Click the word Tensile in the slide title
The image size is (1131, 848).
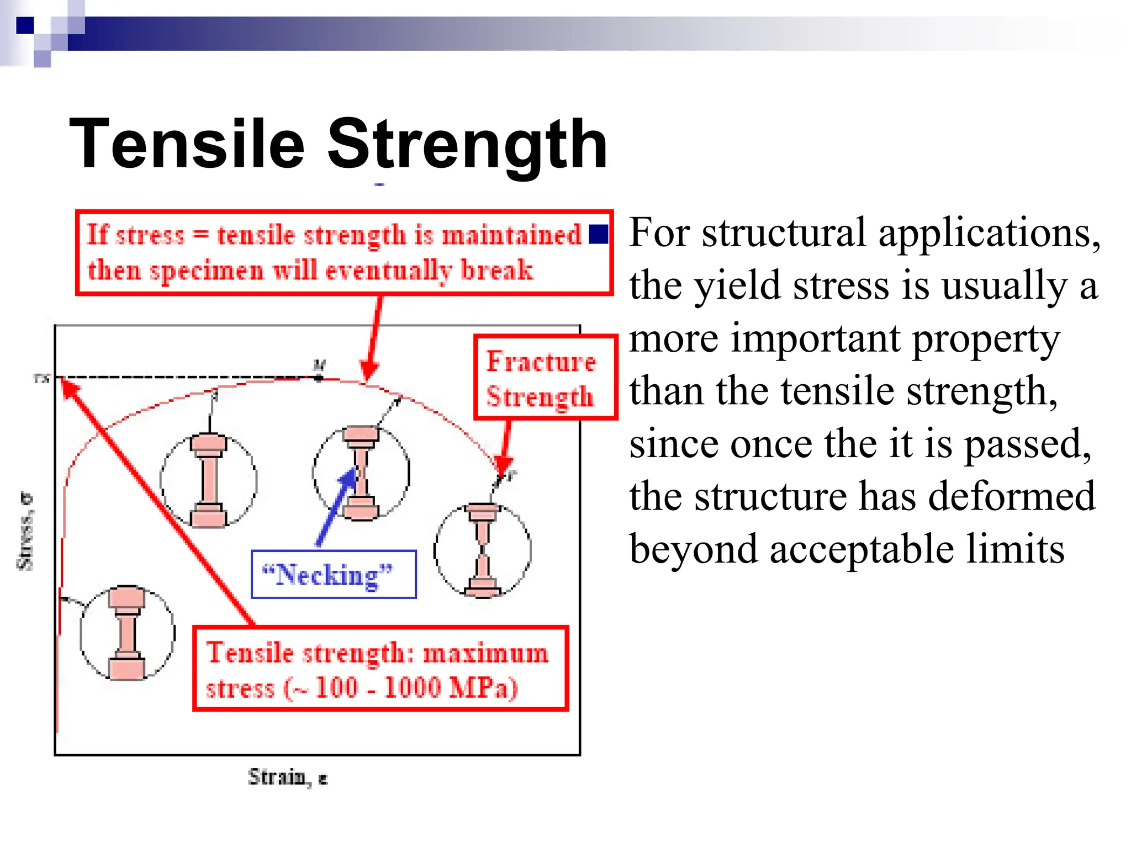[187, 145]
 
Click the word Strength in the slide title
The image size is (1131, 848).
[467, 145]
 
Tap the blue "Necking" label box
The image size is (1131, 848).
[333, 575]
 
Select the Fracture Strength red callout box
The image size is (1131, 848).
[545, 378]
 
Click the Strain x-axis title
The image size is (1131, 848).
[287, 777]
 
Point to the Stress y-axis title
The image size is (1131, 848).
[25, 531]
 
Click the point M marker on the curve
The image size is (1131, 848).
[319, 378]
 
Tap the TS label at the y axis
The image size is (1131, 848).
[42, 378]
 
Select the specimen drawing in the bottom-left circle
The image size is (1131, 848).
[127, 633]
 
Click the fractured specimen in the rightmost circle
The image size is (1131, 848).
[483, 549]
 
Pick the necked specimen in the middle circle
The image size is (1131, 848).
[361, 472]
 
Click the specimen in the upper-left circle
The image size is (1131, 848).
[209, 480]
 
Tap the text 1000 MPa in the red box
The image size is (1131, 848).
[451, 688]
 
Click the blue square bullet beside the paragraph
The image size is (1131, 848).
[599, 234]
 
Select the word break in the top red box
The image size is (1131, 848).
[497, 271]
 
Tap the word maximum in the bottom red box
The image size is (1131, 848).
[486, 653]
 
